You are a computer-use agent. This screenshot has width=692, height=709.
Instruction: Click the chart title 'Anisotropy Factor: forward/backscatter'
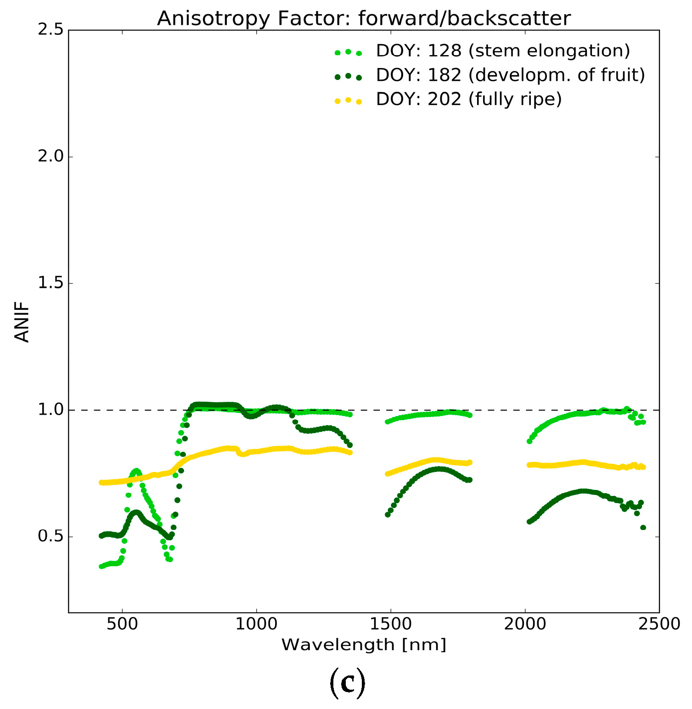tap(364, 18)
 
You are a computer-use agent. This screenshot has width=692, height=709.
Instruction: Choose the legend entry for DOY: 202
tap(468, 99)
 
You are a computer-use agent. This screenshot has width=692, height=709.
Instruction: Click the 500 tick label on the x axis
tap(122, 625)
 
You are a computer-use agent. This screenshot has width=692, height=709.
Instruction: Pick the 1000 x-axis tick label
tap(256, 625)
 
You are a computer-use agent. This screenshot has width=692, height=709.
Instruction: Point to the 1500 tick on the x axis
tap(391, 625)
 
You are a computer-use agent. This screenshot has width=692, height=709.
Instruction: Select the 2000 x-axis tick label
tap(525, 625)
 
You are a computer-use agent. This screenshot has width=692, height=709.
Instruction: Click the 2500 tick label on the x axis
tap(659, 625)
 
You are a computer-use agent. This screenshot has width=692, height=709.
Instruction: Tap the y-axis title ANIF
tap(22, 321)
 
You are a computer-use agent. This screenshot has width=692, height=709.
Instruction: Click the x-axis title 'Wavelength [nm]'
tap(364, 645)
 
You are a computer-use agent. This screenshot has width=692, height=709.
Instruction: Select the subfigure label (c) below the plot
tap(348, 682)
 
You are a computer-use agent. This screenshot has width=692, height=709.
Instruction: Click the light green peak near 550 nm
tap(136, 471)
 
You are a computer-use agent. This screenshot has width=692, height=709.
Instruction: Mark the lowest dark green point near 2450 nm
tap(643, 528)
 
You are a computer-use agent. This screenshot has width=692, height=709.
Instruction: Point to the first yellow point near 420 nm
tap(101, 483)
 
